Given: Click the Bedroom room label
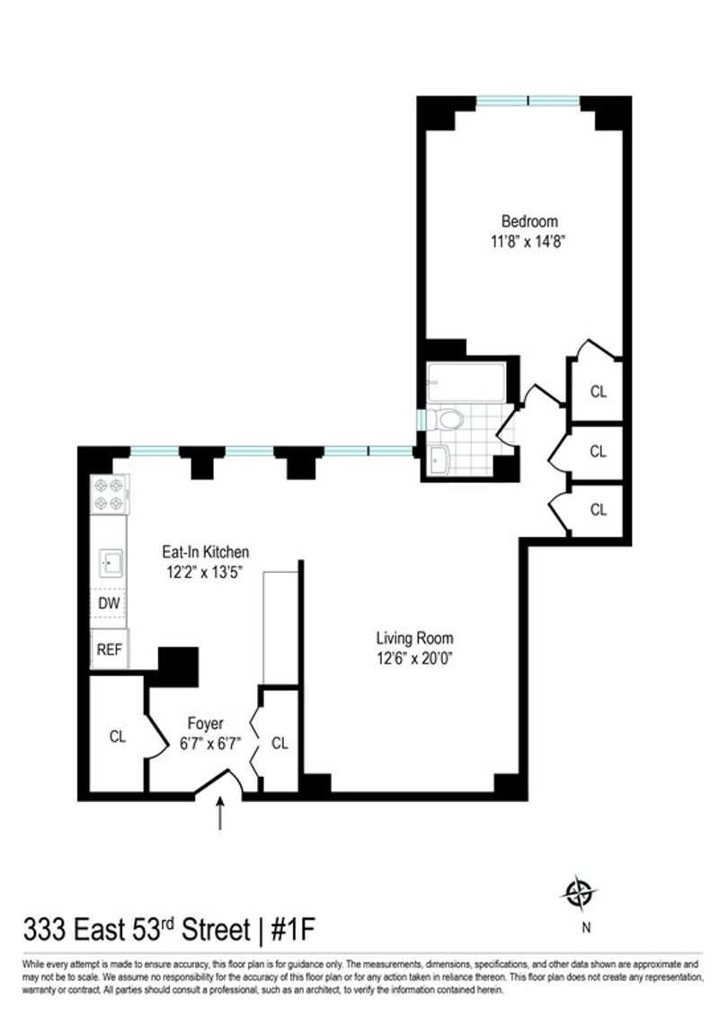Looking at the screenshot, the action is (x=529, y=221).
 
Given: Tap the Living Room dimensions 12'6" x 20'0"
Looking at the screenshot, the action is (x=413, y=658).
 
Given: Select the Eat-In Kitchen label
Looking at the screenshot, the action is (x=206, y=552).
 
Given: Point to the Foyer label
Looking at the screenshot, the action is (x=206, y=723).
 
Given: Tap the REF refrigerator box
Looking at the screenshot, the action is (x=109, y=648).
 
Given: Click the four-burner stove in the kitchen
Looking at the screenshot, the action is (x=109, y=495).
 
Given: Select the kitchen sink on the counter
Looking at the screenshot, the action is (x=111, y=562).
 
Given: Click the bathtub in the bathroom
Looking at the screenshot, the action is (x=466, y=382).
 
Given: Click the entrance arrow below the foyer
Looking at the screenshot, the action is (x=220, y=813).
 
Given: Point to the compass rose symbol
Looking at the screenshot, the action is (x=578, y=893).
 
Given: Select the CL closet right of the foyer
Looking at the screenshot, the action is (x=280, y=742).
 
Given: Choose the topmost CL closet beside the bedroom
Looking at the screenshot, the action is (x=598, y=391).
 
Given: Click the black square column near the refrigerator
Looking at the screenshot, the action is (x=178, y=666).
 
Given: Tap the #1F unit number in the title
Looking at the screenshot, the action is (x=292, y=930).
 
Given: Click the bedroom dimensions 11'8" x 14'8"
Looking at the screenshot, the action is (x=529, y=242).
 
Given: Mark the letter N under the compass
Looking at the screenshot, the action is (x=586, y=927).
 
